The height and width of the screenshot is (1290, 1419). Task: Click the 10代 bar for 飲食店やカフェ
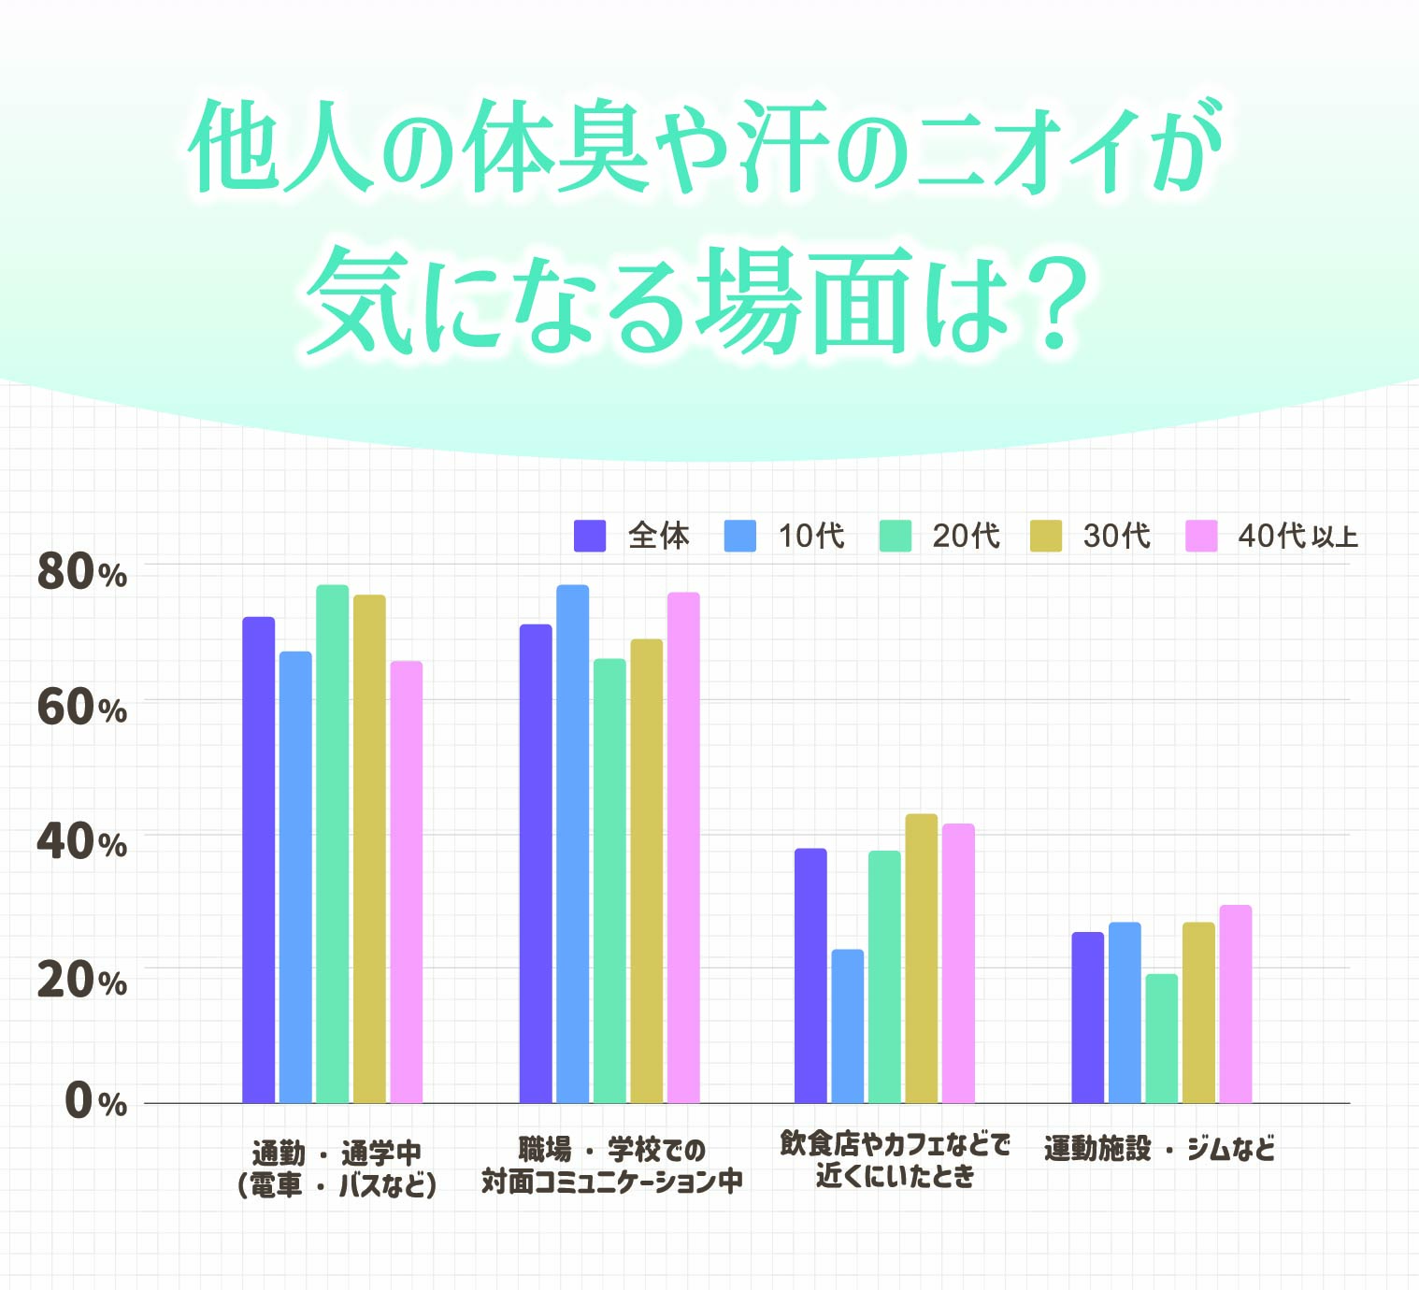tap(847, 1026)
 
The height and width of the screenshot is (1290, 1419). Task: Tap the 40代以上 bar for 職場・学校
tap(683, 848)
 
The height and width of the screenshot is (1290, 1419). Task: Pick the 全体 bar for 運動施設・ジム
tap(1087, 1018)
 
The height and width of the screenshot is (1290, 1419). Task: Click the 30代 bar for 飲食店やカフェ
tap(921, 958)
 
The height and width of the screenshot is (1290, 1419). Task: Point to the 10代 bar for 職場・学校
tap(572, 844)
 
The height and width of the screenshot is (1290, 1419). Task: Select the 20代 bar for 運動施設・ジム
tap(1161, 1039)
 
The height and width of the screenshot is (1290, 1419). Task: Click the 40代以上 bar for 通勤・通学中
tap(406, 882)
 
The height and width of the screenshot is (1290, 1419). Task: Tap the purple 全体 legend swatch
tap(589, 536)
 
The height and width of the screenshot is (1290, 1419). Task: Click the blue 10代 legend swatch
tap(739, 536)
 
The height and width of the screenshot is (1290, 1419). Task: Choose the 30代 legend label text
tap(1116, 536)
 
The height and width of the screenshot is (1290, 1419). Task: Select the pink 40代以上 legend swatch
tap(1201, 536)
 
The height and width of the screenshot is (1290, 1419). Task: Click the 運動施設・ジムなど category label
tap(1159, 1149)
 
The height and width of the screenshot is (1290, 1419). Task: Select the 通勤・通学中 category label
tap(337, 1152)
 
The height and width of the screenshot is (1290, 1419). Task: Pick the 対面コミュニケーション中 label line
tap(611, 1182)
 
